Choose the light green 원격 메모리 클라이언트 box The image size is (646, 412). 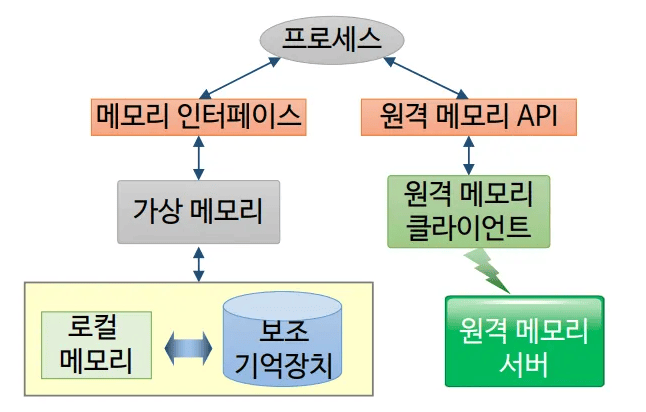click(x=469, y=210)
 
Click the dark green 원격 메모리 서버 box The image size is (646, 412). click(x=524, y=341)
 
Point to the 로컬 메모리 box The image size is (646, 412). click(x=97, y=344)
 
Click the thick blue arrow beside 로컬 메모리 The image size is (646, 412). click(x=188, y=346)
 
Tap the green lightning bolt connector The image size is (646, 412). click(x=487, y=269)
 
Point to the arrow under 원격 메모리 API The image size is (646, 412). click(x=468, y=155)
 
